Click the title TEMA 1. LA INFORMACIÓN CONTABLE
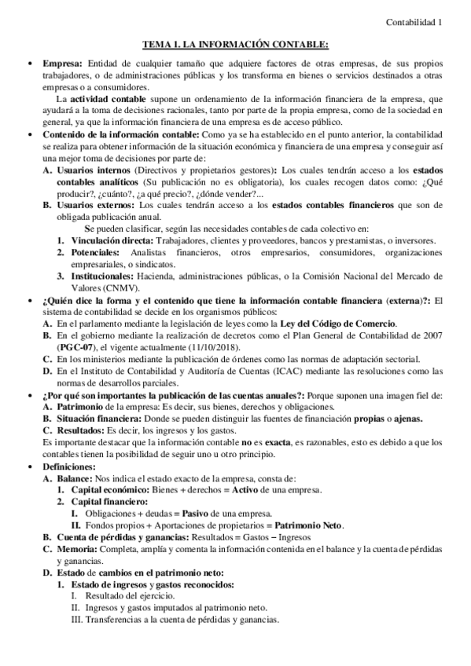[x=235, y=46]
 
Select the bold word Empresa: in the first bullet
[x=64, y=63]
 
